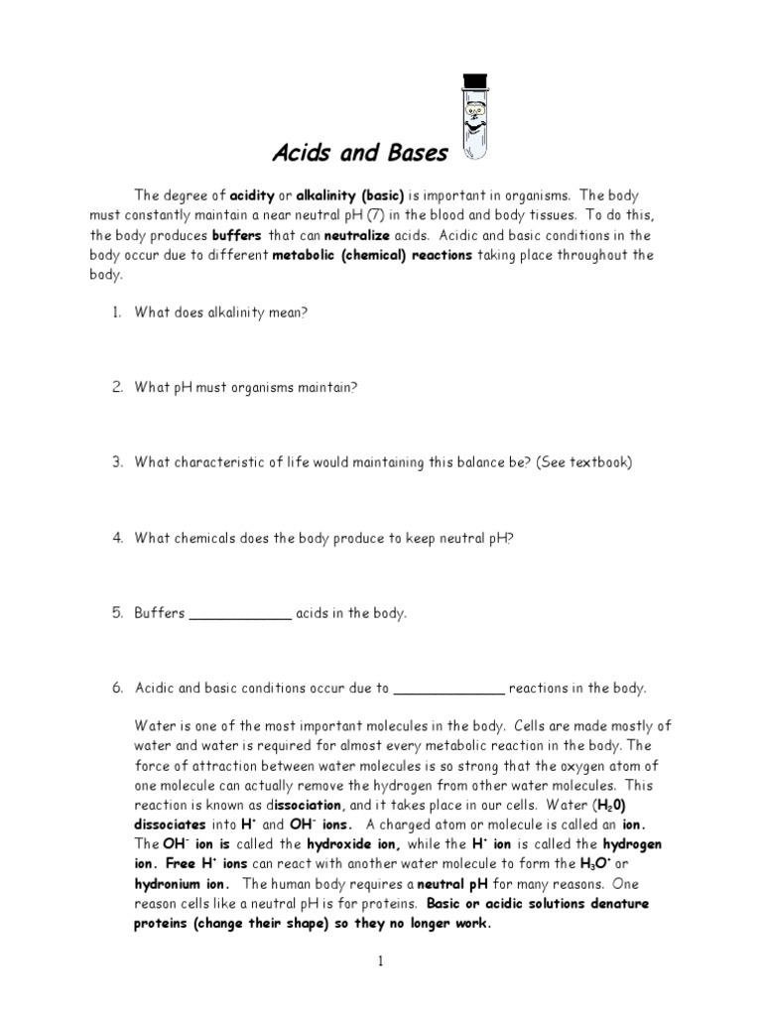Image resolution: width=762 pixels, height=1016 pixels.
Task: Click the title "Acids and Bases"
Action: click(x=360, y=154)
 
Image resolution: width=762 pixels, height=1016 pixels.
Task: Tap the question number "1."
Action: click(x=116, y=313)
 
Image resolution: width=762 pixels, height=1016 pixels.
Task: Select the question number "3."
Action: click(x=116, y=462)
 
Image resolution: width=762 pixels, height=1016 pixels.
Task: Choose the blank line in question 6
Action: click(x=450, y=688)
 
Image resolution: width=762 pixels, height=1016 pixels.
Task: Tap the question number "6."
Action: click(x=116, y=688)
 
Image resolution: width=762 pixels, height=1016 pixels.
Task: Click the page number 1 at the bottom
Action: click(x=380, y=963)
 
